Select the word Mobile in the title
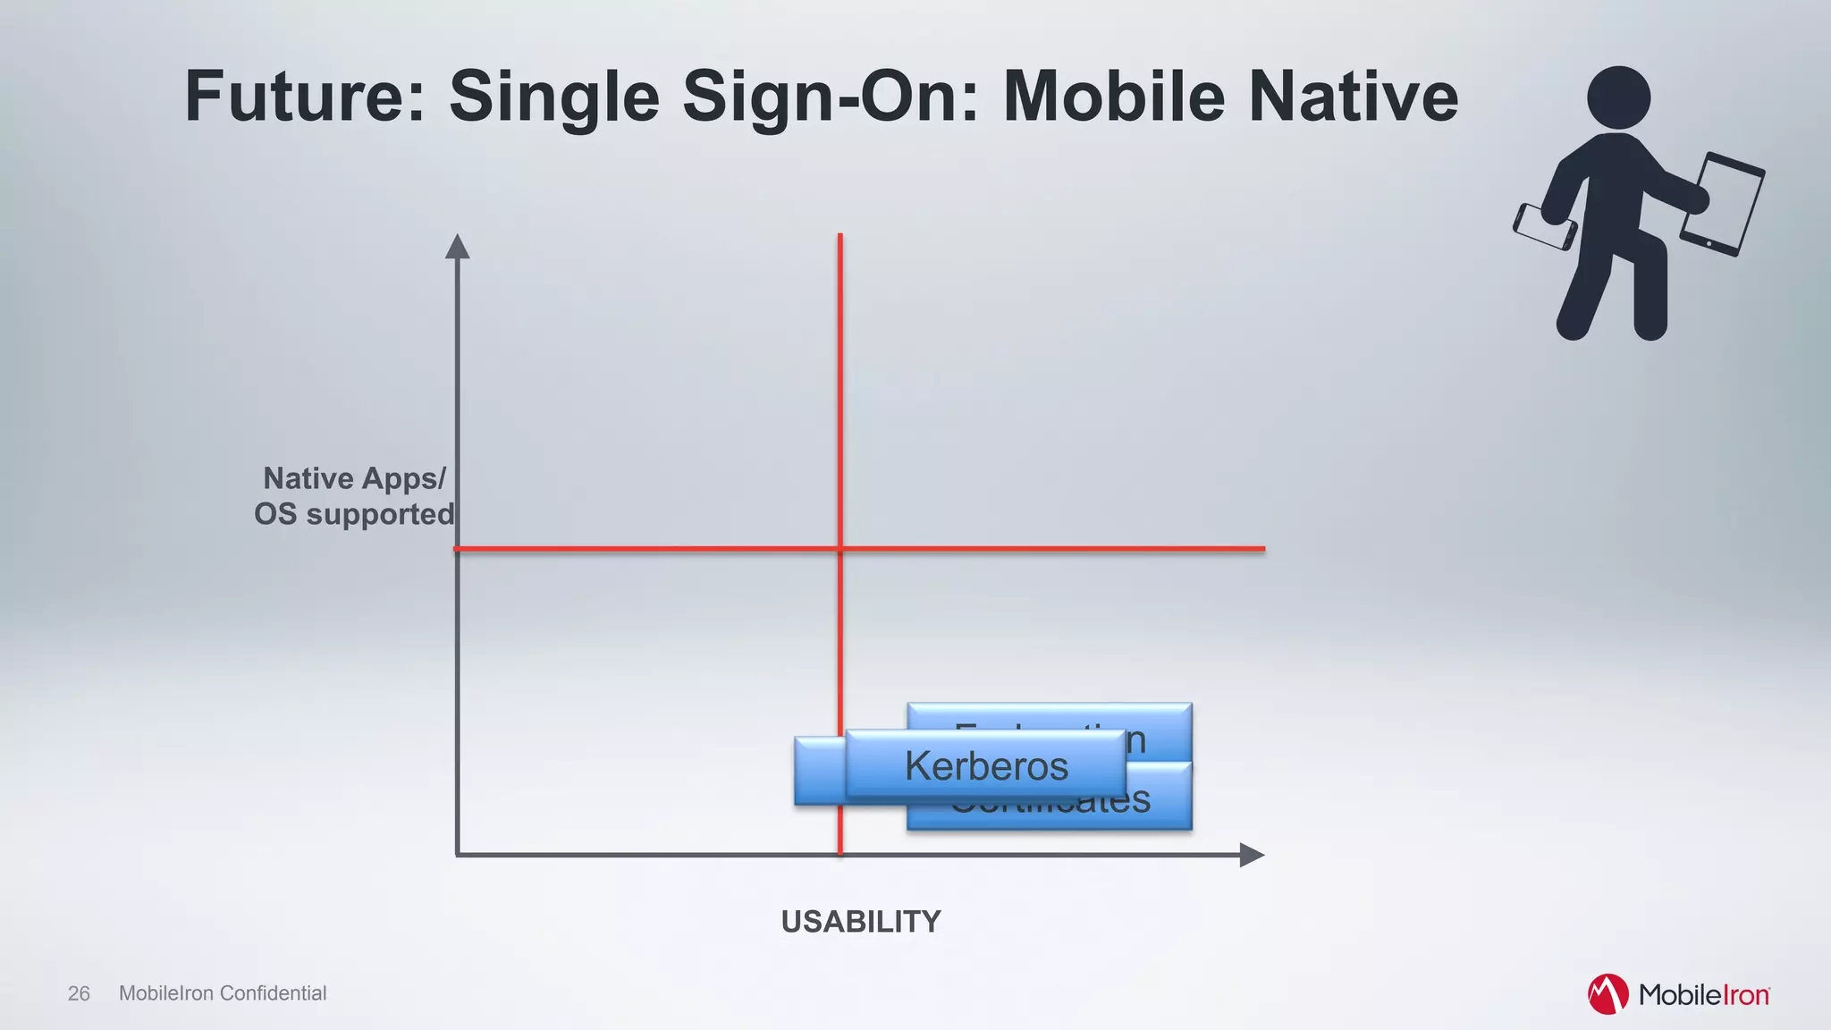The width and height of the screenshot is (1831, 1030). [x=1113, y=97]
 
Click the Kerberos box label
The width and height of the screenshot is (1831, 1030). [x=985, y=765]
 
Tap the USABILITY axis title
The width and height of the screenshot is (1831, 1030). [x=860, y=922]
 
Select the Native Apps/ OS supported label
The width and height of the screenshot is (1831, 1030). [x=354, y=496]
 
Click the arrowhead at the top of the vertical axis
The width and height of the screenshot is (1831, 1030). [x=458, y=247]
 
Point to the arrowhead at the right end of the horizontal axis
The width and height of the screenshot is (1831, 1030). [x=1252, y=855]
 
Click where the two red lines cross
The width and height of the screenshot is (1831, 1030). [x=840, y=548]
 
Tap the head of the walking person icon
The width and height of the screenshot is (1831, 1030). [x=1618, y=97]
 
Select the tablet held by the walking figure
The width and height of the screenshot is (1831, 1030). [x=1722, y=204]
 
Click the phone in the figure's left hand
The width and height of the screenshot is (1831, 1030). [x=1544, y=227]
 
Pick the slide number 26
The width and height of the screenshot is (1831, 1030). [x=79, y=993]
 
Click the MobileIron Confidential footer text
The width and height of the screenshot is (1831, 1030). [x=223, y=993]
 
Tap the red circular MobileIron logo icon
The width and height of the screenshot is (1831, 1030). [x=1607, y=994]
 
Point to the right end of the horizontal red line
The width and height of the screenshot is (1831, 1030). [x=1262, y=548]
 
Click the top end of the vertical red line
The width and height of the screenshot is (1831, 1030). [x=840, y=237]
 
